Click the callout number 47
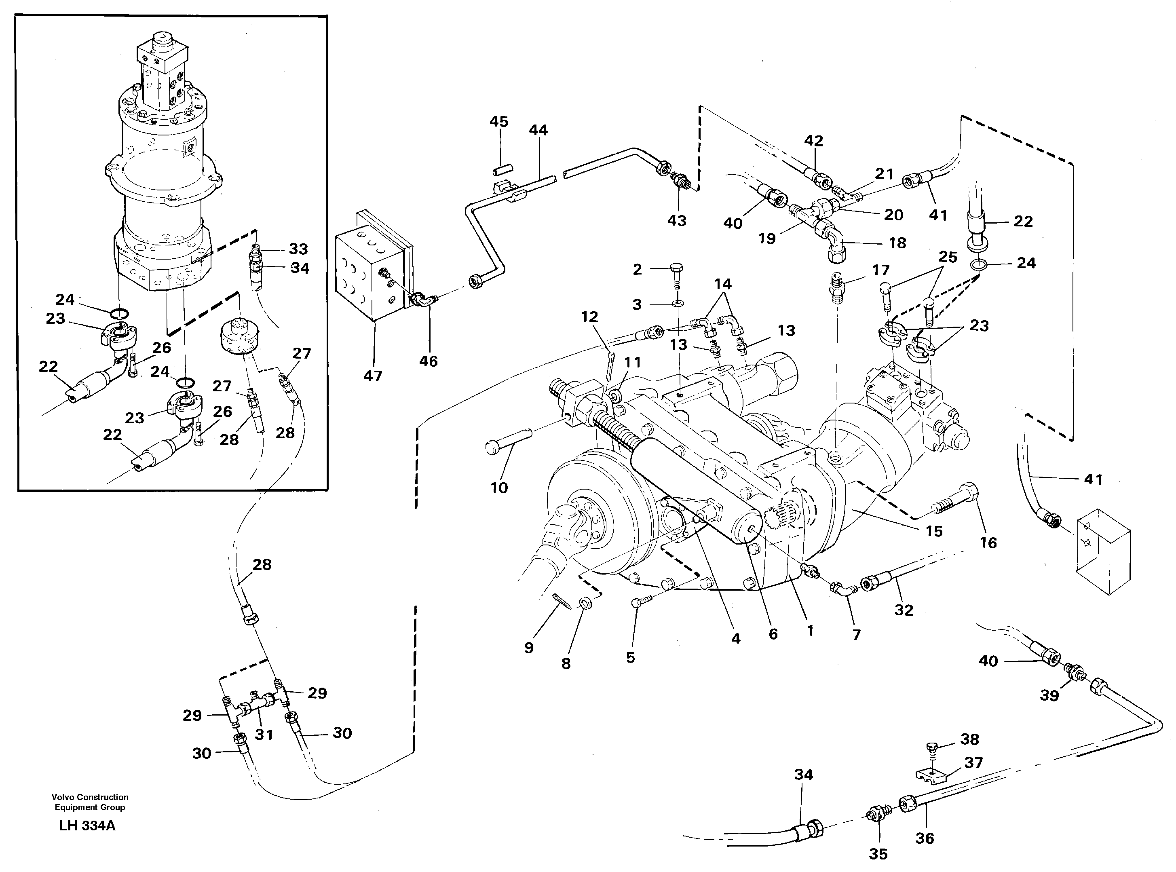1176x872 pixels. click(373, 376)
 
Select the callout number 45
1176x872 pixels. click(498, 122)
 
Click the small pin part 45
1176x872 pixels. click(503, 171)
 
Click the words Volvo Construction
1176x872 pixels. click(90, 797)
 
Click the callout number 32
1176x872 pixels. click(904, 610)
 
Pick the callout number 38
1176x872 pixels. click(969, 739)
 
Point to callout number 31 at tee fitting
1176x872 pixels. click(264, 734)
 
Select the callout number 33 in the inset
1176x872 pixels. click(298, 249)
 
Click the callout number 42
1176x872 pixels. click(813, 141)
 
